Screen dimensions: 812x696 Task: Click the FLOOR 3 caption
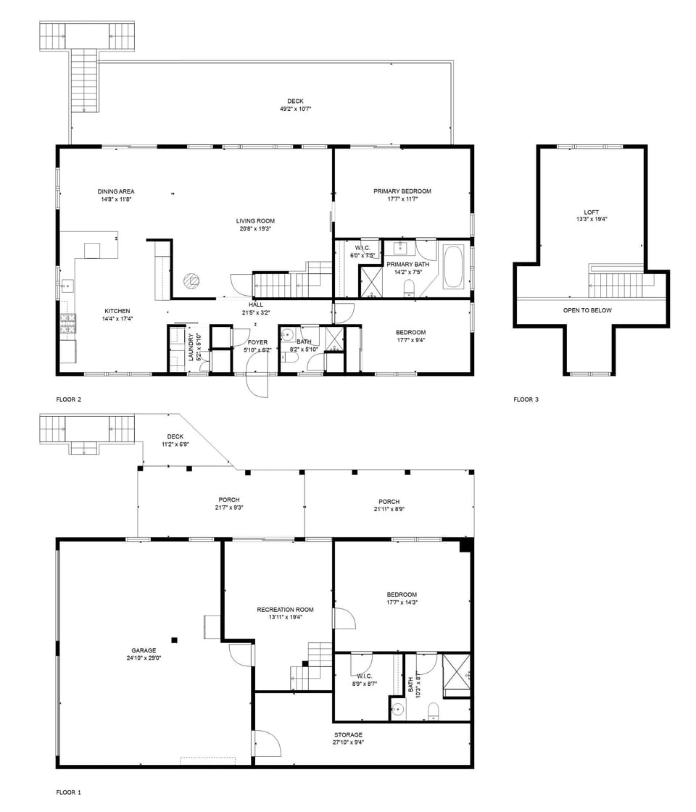point(526,399)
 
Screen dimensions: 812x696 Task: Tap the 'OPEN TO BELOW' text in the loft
point(587,310)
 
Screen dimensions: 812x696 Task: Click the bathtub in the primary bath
point(455,268)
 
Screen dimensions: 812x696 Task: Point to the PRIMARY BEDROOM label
point(402,191)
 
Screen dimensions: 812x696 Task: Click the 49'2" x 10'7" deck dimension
point(294,109)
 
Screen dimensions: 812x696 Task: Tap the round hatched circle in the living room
point(191,280)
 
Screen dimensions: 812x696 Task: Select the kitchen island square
point(92,251)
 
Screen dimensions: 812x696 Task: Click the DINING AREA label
point(116,191)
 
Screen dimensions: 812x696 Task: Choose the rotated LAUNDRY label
point(191,347)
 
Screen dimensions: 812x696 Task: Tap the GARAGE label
point(143,650)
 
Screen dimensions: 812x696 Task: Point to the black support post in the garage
point(174,639)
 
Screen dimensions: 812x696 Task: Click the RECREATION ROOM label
point(275,610)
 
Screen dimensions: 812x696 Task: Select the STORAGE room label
point(348,735)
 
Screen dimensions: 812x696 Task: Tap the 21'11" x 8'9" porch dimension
point(389,509)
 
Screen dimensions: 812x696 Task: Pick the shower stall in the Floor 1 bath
point(456,676)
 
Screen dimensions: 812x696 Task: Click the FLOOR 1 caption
point(68,792)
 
